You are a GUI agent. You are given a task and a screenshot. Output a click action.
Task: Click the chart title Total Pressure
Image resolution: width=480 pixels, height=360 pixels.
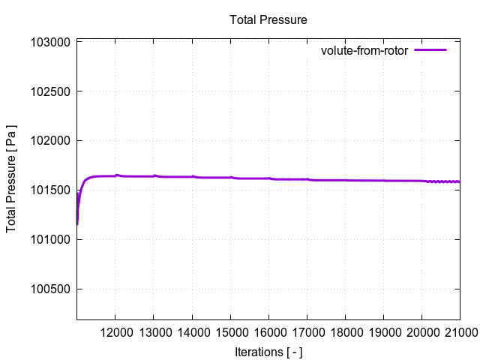click(268, 19)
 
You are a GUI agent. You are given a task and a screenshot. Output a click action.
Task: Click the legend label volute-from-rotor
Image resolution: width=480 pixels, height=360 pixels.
click(364, 51)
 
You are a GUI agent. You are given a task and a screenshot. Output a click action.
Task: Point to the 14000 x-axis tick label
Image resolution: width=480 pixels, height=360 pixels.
click(192, 331)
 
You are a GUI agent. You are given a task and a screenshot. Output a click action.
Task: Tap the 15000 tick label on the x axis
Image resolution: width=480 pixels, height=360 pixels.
click(230, 331)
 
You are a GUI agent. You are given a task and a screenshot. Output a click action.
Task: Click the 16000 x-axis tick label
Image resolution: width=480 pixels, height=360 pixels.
click(268, 331)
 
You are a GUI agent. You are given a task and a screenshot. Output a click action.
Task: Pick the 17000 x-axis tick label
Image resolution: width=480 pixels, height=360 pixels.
click(307, 331)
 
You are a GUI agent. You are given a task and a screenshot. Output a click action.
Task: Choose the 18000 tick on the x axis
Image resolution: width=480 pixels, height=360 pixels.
click(345, 331)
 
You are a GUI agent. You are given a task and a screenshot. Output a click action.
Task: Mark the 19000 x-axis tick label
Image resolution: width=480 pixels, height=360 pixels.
click(383, 331)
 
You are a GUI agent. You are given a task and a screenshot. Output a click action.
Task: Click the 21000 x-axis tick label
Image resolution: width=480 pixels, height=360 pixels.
click(458, 331)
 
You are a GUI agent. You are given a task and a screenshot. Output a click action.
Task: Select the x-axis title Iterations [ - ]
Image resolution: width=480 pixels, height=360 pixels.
click(268, 351)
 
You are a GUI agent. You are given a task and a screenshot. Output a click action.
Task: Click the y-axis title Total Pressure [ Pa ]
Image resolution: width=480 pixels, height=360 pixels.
click(12, 178)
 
